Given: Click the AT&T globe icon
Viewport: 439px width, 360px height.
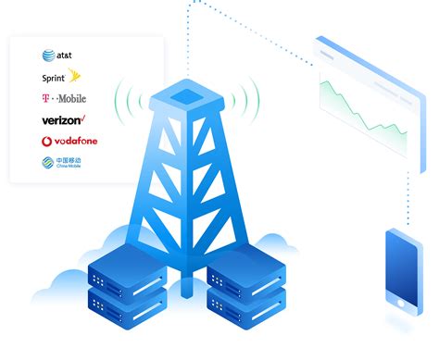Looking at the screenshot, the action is (x=46, y=56).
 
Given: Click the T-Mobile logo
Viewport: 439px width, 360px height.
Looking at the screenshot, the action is (x=63, y=99).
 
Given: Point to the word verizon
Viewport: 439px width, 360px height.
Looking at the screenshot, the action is (x=60, y=120).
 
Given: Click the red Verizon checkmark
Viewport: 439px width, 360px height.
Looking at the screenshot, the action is (x=83, y=118).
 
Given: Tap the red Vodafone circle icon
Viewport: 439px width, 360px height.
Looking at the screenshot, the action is (x=46, y=142).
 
